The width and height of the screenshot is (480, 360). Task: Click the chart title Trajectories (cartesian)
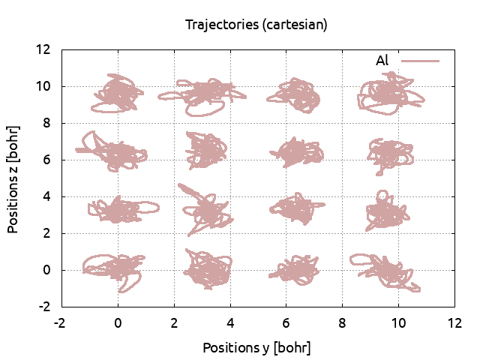coord(256,25)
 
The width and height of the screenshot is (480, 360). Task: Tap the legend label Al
coord(382,61)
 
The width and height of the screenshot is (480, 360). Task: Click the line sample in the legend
coord(420,61)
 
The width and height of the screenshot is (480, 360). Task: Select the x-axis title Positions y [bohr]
coord(256,348)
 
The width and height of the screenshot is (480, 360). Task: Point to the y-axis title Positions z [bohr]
coord(13,178)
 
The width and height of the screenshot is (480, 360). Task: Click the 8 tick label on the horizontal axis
coord(342,323)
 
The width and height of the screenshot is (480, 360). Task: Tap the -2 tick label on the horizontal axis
coord(61,323)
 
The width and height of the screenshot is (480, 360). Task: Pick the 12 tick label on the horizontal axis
coord(454,323)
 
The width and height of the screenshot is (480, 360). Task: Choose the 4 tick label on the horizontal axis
coord(229,323)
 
